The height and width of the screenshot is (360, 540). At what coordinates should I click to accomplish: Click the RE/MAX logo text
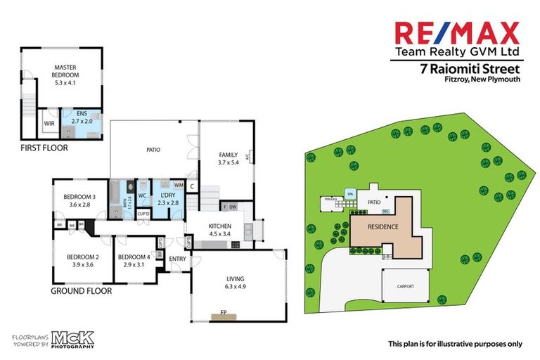coord(456,32)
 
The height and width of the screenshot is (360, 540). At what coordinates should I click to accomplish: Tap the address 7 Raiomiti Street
coord(470,69)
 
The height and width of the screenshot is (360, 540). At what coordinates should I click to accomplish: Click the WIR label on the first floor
coord(49,124)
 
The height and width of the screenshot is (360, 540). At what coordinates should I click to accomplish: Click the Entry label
coord(176,259)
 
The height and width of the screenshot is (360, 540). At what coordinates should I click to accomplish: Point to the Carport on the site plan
coord(406,287)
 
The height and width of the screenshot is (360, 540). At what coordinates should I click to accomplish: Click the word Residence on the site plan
coord(385,227)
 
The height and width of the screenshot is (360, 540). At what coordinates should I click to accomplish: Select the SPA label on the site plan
coord(349,193)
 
